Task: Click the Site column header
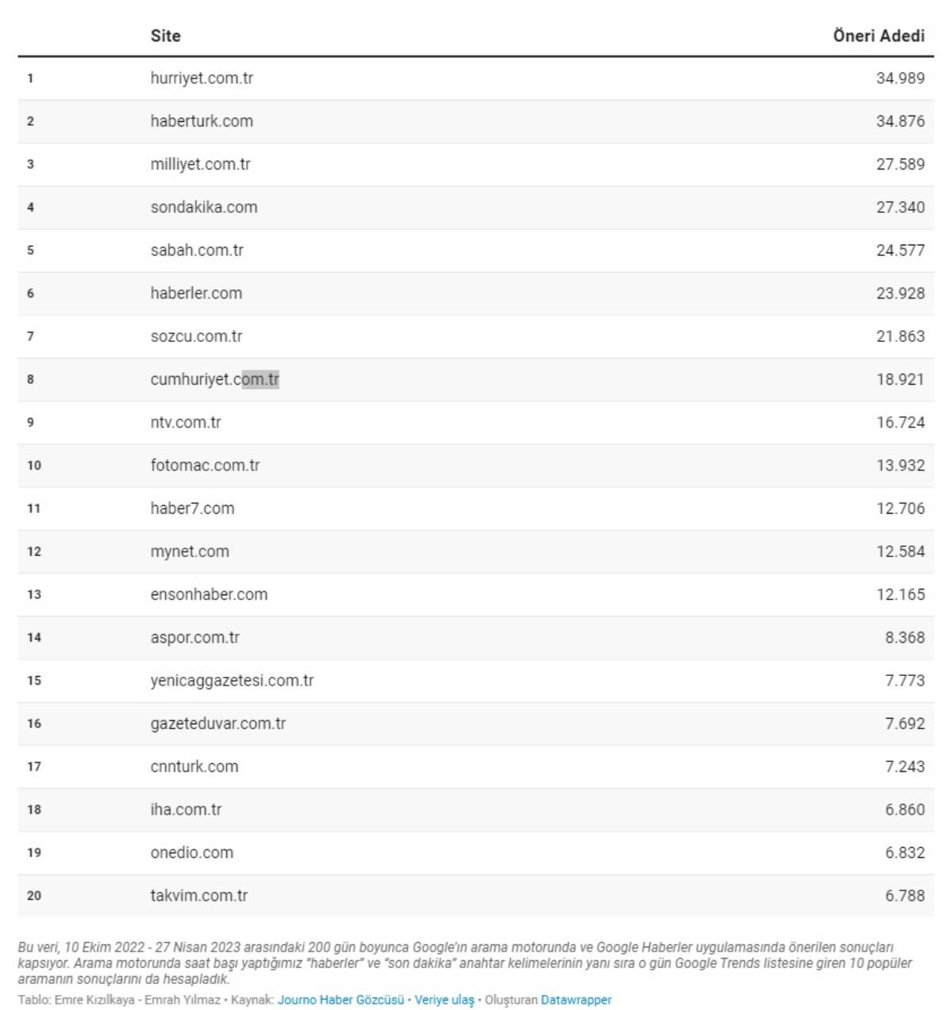(x=165, y=36)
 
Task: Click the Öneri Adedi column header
(x=878, y=36)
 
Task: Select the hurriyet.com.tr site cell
(x=202, y=78)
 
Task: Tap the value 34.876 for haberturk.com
(x=900, y=121)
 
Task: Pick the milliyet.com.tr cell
(x=200, y=165)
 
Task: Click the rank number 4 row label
(x=30, y=207)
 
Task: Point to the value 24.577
(x=900, y=250)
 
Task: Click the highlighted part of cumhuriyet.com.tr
(x=260, y=380)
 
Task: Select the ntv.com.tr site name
(x=186, y=423)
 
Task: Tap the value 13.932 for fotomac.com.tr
(x=900, y=465)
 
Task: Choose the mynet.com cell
(x=190, y=552)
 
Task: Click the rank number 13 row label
(x=34, y=594)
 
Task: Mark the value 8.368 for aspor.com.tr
(x=905, y=637)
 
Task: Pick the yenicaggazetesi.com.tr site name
(x=232, y=681)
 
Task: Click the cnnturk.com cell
(x=195, y=766)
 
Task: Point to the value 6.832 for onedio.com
(x=905, y=852)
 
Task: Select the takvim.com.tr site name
(x=198, y=896)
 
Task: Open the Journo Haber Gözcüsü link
(x=340, y=1000)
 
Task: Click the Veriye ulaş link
(x=444, y=1000)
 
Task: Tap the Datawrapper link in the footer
(x=576, y=1000)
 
